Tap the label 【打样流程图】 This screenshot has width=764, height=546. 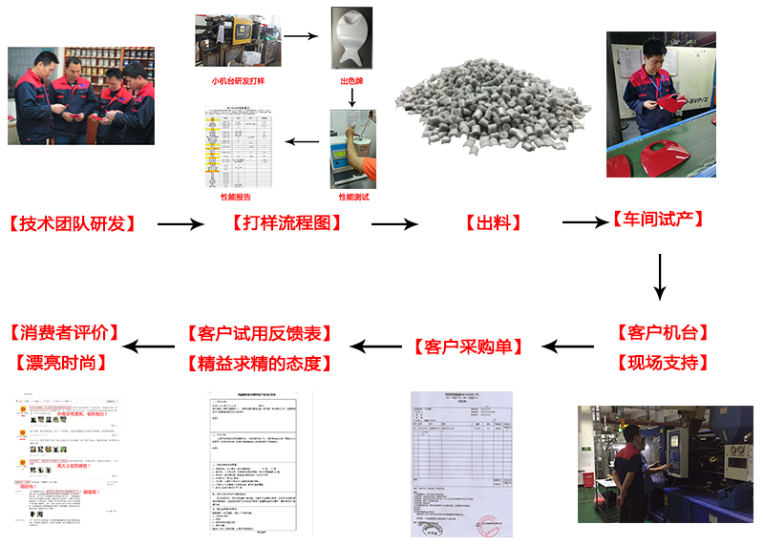pyautogui.click(x=286, y=223)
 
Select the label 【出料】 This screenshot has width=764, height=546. pyautogui.click(x=493, y=223)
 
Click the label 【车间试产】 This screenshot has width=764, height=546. pyautogui.click(x=659, y=220)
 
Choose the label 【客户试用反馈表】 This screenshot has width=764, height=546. pyautogui.click(x=261, y=333)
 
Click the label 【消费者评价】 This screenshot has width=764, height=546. pyautogui.click(x=65, y=333)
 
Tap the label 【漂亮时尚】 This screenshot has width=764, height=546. pyautogui.click(x=59, y=363)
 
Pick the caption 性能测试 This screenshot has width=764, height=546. pyautogui.click(x=353, y=197)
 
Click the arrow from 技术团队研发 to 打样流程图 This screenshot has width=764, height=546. pyautogui.click(x=180, y=224)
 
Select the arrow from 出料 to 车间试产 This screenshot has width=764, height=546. pyautogui.click(x=584, y=222)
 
